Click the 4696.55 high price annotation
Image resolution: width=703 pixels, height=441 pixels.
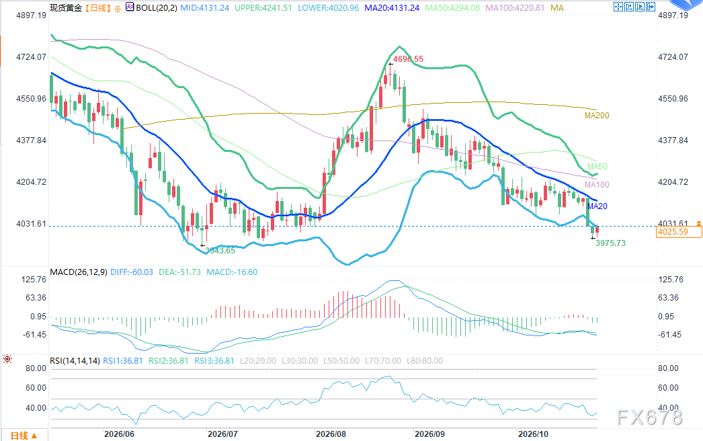(x=408, y=58)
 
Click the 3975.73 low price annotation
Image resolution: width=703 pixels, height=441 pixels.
(x=610, y=243)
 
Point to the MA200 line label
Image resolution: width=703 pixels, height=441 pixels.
(x=597, y=116)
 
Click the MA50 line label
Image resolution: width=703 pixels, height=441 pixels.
(x=597, y=167)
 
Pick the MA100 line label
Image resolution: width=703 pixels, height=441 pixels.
(x=597, y=185)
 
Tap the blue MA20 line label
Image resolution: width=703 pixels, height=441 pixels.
(x=597, y=206)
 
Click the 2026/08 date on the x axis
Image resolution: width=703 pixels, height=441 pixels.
(x=331, y=434)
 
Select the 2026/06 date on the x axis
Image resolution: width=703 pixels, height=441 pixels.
(x=119, y=434)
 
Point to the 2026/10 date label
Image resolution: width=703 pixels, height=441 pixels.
(x=533, y=434)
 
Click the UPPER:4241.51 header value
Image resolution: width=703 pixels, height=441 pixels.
(x=263, y=7)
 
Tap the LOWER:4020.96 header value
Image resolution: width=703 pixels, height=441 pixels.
(x=328, y=7)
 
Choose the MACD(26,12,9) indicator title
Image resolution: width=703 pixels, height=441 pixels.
(x=79, y=272)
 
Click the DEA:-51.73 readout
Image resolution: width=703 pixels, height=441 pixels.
(x=180, y=272)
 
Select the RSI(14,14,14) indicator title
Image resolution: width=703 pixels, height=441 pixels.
(x=75, y=361)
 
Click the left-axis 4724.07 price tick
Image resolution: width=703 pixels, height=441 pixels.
(x=31, y=57)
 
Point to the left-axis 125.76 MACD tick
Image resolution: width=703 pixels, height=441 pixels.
(x=34, y=280)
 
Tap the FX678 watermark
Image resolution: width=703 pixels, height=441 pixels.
(x=650, y=417)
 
